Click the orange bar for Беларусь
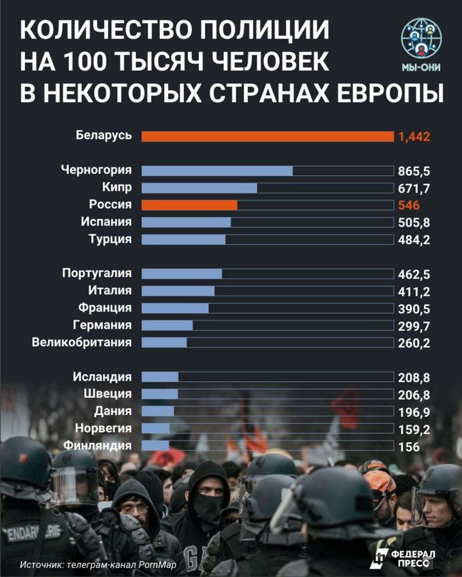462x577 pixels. coord(267,136)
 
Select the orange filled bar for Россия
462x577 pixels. coord(189,205)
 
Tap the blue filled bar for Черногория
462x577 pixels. coord(217,171)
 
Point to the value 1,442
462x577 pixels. coord(414,137)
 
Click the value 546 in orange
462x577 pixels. coord(409,206)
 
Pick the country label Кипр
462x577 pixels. coord(117,187)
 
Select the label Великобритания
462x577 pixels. coord(82,342)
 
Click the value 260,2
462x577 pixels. coord(414,343)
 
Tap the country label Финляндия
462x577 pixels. coord(97,446)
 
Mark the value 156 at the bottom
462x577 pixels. coord(409,447)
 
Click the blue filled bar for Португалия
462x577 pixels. coord(181,274)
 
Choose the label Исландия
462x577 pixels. coord(102,377)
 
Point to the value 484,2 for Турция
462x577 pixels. coord(414,240)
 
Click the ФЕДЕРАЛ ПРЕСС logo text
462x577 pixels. coord(406,557)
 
